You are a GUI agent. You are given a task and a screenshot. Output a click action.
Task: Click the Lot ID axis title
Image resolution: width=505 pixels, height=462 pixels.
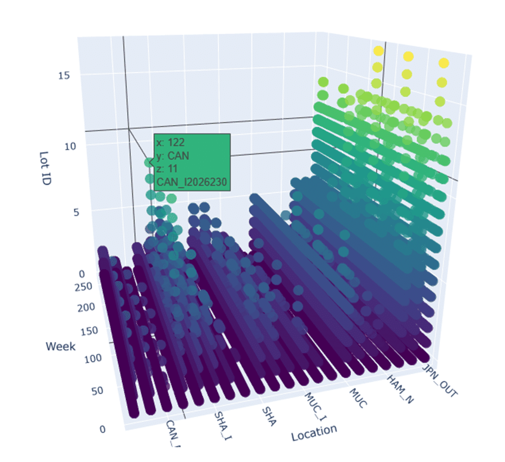coord(46,168)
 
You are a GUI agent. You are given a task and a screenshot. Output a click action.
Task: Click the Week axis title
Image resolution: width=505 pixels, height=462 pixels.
coord(61,346)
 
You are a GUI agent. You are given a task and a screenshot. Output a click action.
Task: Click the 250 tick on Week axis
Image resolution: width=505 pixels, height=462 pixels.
coord(86,286)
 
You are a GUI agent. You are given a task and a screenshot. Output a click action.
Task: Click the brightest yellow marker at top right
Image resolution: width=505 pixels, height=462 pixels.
coord(444,63)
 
